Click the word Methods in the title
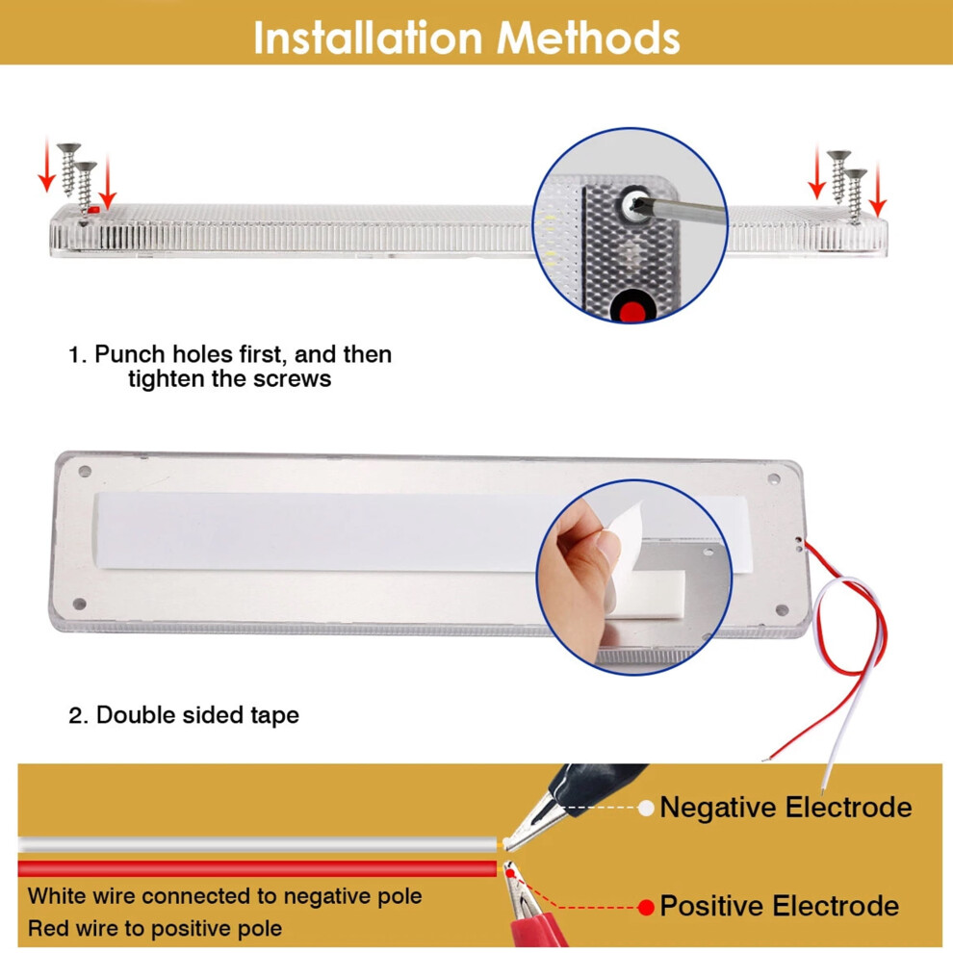[x=588, y=39]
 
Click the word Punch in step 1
[x=129, y=353]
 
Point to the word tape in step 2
[x=274, y=715]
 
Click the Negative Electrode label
[x=786, y=807]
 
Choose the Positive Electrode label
[x=779, y=906]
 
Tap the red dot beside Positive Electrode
[x=646, y=908]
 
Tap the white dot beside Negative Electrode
[x=646, y=808]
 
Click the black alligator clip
[x=571, y=802]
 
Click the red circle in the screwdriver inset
[x=632, y=310]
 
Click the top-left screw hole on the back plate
[x=85, y=471]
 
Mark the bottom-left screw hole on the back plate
[x=79, y=604]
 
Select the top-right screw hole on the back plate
[x=774, y=479]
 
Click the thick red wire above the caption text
[x=258, y=868]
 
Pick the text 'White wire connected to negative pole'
[x=225, y=896]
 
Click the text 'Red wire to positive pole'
[x=155, y=928]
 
